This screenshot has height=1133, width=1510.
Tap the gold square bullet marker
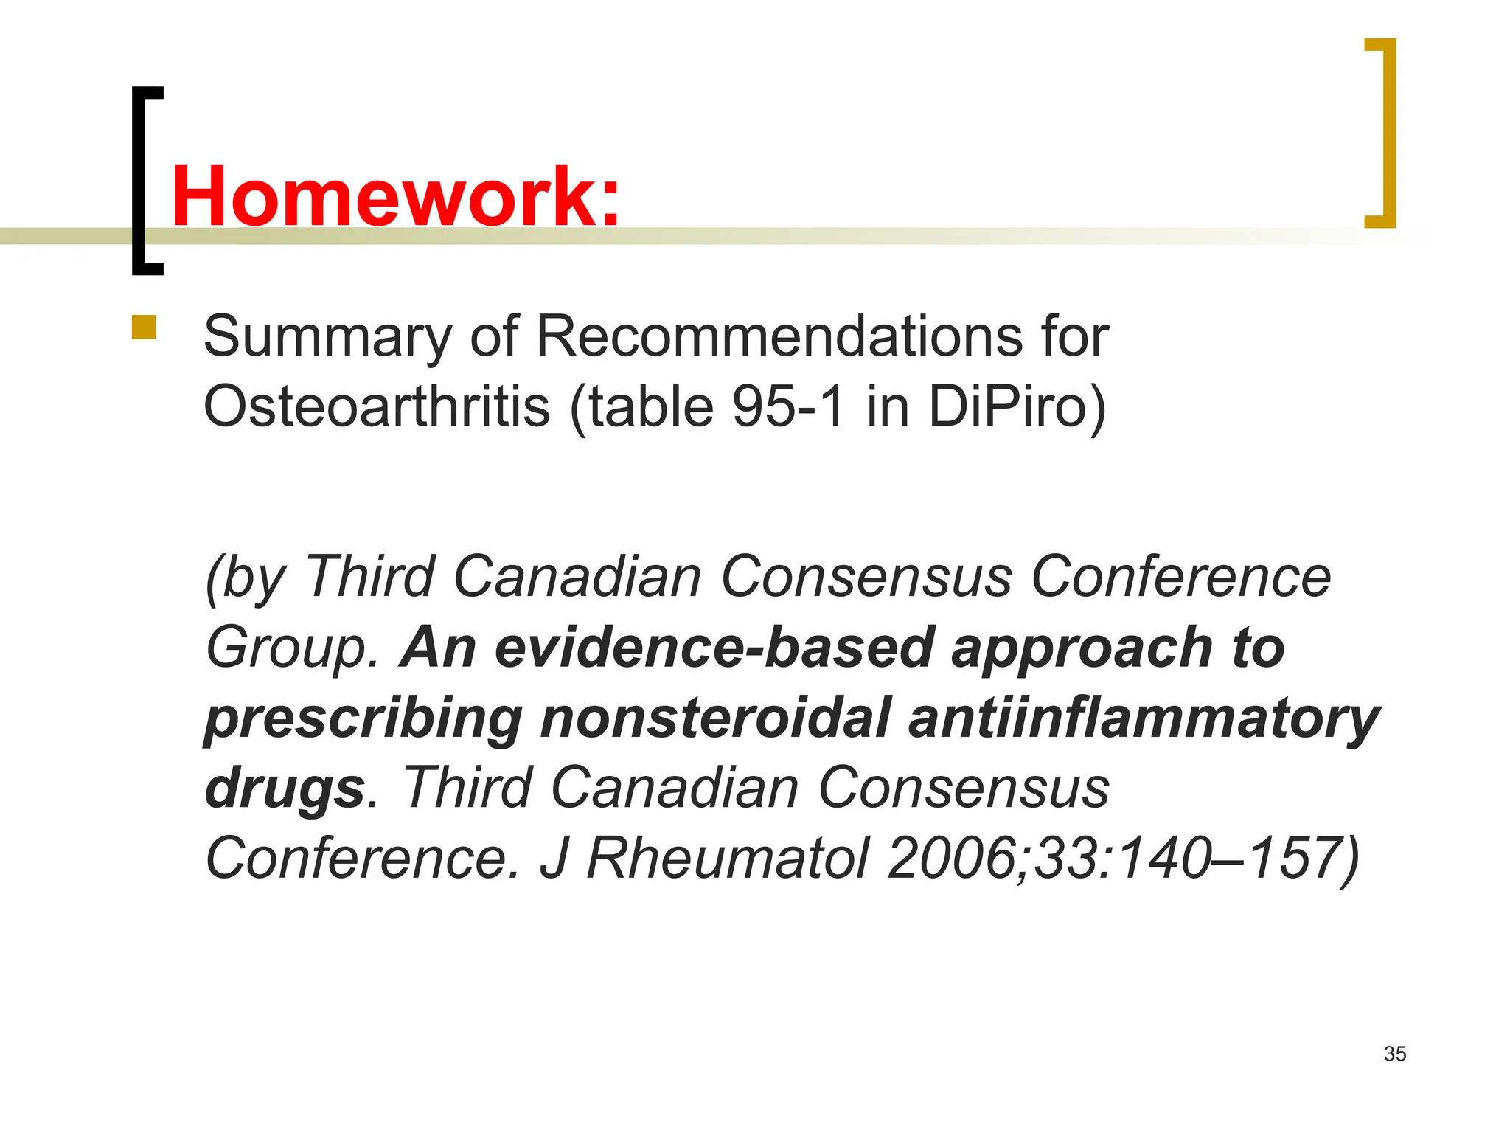[144, 328]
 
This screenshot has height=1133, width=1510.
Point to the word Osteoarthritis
[377, 406]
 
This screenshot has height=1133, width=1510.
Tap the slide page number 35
[1394, 1054]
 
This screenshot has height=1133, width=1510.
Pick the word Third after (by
[369, 576]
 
